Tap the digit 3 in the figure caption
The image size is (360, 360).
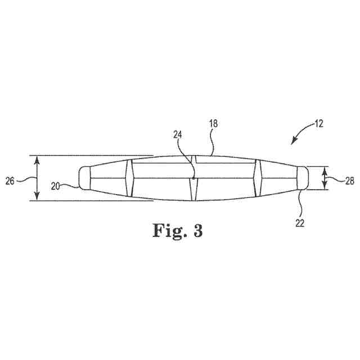point(197,231)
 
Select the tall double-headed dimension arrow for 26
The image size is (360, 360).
point(37,178)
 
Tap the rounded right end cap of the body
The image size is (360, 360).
point(303,178)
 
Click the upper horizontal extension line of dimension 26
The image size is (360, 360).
point(90,155)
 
